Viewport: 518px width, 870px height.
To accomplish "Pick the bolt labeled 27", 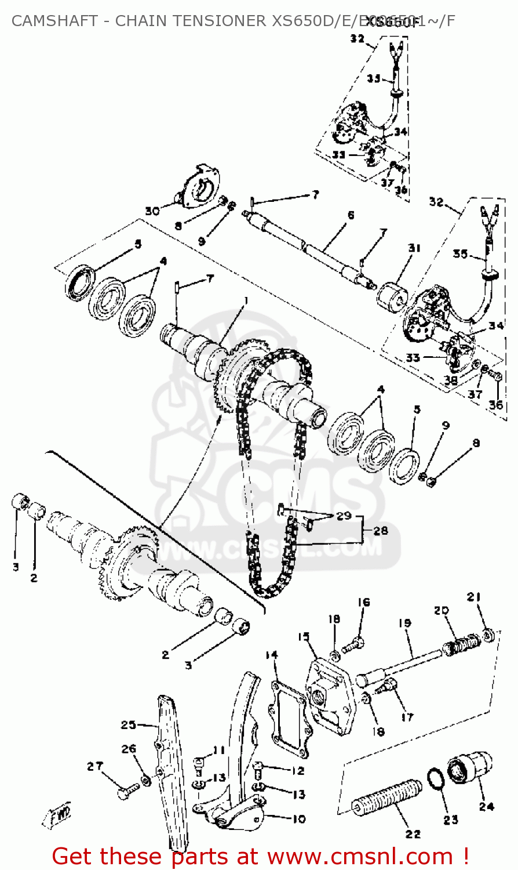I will pyautogui.click(x=128, y=791).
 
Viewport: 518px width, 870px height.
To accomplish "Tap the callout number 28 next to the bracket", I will pyautogui.click(x=381, y=530).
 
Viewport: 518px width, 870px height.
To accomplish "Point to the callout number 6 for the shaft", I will pyautogui.click(x=351, y=215).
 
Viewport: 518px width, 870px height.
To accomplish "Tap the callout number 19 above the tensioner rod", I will pyautogui.click(x=404, y=623).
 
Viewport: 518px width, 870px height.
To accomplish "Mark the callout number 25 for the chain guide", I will pyautogui.click(x=129, y=725).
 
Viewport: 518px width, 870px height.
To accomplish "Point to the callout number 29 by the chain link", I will pyautogui.click(x=344, y=515).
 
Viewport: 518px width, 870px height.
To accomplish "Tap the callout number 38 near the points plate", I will pyautogui.click(x=450, y=380).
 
